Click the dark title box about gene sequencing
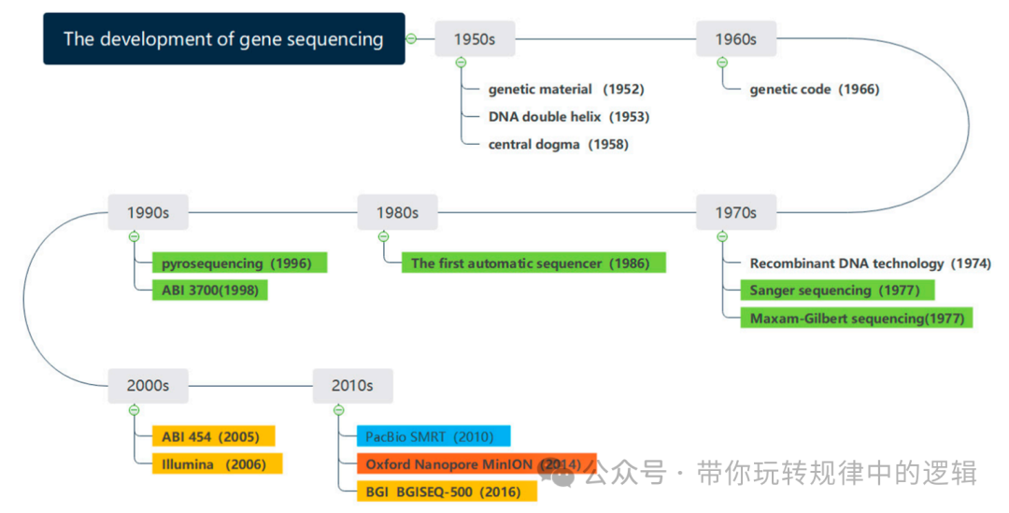pyautogui.click(x=224, y=38)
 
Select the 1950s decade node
pyautogui.click(x=475, y=39)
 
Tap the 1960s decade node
pyautogui.click(x=736, y=39)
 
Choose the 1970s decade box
pyautogui.click(x=736, y=212)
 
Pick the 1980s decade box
pyautogui.click(x=398, y=212)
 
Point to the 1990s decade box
pyautogui.click(x=148, y=212)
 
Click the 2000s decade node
pyautogui.click(x=148, y=386)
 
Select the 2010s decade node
pyautogui.click(x=352, y=386)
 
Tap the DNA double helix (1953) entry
pyautogui.click(x=569, y=117)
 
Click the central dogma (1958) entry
pyautogui.click(x=559, y=144)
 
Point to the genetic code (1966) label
pyautogui.click(x=815, y=90)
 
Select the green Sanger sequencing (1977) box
pyautogui.click(x=837, y=291)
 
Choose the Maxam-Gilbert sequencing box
pyautogui.click(x=857, y=318)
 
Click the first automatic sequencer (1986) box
pyautogui.click(x=533, y=263)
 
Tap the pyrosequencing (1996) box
pyautogui.click(x=239, y=263)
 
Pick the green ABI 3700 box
pyautogui.click(x=210, y=291)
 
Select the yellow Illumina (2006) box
pyautogui.click(x=218, y=464)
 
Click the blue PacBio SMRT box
pyautogui.click(x=433, y=436)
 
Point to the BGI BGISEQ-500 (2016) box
pyautogui.click(x=447, y=492)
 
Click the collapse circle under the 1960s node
pyautogui.click(x=722, y=63)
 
